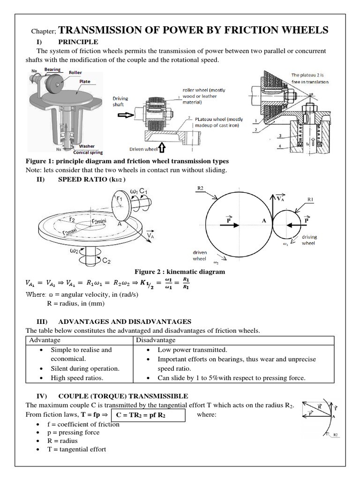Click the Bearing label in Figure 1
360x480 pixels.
pos(52,69)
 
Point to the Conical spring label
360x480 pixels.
pos(88,152)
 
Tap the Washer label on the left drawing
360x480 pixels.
pos(87,146)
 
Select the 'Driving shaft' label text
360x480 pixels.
pos(120,102)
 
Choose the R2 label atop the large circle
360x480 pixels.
pos(200,188)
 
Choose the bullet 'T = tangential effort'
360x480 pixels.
pos(77,450)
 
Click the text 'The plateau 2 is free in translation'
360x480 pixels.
pos(310,78)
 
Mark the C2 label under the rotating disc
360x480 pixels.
pos(106,261)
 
